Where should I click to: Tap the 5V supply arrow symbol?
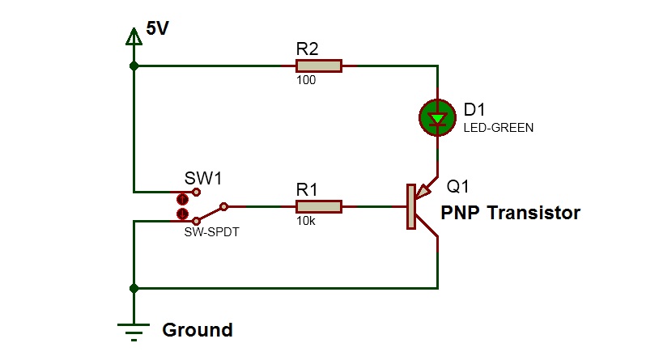[x=134, y=37]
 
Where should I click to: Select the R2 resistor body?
[x=319, y=66]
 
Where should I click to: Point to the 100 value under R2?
[x=306, y=80]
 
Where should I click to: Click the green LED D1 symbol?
[x=437, y=118]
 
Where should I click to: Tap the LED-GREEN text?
[x=499, y=127]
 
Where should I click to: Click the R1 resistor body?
[x=319, y=207]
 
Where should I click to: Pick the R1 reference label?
[x=308, y=189]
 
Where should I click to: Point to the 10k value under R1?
[x=306, y=222]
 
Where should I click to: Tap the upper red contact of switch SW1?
[x=183, y=197]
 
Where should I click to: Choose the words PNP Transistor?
[x=510, y=213]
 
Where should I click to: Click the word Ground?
[x=198, y=330]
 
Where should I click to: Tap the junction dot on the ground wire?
[x=134, y=288]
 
